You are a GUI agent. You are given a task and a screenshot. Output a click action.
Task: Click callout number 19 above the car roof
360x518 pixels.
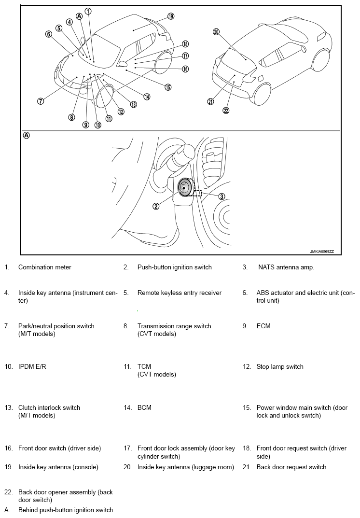(171, 16)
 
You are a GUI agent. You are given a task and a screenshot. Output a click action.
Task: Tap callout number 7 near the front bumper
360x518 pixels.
(40, 101)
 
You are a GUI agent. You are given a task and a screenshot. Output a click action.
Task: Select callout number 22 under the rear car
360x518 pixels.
(226, 111)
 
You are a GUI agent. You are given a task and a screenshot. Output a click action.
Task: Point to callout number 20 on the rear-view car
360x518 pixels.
(216, 32)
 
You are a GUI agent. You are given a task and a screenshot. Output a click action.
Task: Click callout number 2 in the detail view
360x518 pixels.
(156, 206)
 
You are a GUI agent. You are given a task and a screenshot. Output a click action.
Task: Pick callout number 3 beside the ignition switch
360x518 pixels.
(222, 196)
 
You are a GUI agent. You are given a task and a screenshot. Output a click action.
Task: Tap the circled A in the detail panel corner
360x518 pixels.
(27, 136)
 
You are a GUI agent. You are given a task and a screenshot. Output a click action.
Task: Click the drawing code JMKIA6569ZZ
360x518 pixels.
(322, 252)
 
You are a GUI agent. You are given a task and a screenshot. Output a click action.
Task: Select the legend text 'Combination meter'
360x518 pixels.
(44, 267)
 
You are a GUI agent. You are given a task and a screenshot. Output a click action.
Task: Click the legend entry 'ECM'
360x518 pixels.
(263, 326)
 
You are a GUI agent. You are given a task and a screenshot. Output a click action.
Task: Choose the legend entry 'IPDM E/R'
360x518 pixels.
(32, 367)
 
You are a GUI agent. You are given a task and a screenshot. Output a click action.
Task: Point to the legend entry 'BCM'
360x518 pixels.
(144, 407)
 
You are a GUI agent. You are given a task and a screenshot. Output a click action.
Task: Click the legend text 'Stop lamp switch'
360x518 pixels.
(280, 367)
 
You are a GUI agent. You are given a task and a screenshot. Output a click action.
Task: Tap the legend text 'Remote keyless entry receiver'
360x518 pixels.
(180, 293)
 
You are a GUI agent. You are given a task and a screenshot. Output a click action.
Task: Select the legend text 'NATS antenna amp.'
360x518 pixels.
(286, 267)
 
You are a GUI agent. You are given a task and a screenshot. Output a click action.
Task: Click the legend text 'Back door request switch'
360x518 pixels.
(291, 467)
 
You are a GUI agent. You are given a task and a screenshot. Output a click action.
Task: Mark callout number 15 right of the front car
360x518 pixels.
(168, 87)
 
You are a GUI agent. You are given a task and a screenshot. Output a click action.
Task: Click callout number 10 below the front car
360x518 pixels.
(98, 125)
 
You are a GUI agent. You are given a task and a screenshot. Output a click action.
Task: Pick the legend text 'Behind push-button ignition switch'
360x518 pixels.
(66, 510)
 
